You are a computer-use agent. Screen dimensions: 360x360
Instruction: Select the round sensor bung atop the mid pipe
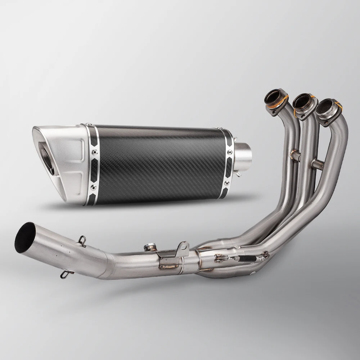[x=149, y=247]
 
